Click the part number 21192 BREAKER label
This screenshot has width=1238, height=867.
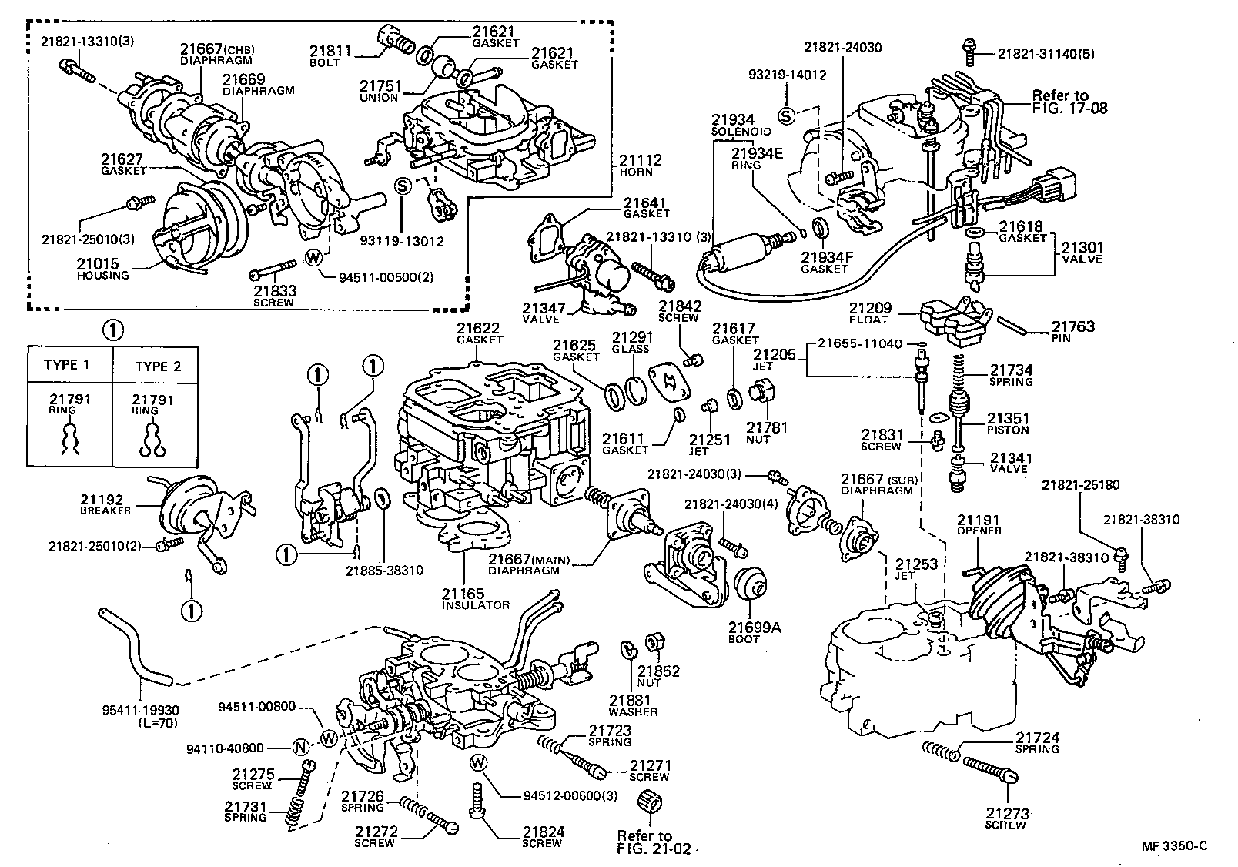pos(106,504)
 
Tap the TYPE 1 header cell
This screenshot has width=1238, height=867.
pos(68,365)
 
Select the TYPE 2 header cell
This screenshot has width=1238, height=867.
pos(158,366)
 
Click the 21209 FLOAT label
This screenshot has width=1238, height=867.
pos(869,313)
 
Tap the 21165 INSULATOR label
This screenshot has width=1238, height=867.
pos(475,598)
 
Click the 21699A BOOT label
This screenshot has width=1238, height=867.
pos(755,632)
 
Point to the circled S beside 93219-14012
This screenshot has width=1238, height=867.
pos(785,116)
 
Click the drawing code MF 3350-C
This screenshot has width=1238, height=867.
pos(1174,845)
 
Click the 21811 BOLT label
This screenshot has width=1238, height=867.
pos(330,55)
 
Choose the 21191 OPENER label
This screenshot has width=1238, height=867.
pos(979,525)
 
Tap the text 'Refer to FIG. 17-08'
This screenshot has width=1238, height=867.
pos(1069,102)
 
